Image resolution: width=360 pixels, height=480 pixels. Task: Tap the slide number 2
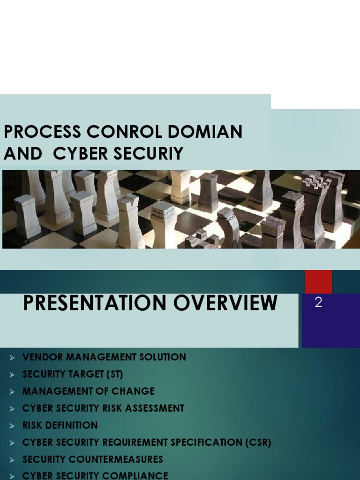(x=319, y=303)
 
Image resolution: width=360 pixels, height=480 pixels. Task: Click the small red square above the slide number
(x=318, y=281)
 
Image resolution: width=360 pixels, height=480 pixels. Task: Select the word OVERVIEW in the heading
(x=225, y=303)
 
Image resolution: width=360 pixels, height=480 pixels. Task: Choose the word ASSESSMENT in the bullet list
(x=155, y=408)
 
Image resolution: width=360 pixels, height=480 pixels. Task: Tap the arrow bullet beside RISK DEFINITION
(x=13, y=426)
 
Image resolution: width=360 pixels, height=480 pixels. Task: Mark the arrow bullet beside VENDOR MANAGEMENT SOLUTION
(x=13, y=358)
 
